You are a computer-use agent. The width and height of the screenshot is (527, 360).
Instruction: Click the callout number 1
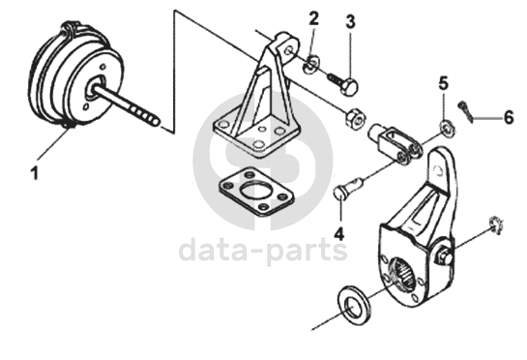point(34,173)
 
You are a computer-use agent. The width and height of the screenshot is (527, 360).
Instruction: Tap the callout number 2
point(313,18)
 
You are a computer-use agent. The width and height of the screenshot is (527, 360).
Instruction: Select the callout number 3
point(350,21)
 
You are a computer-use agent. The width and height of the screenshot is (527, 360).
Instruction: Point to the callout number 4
point(339,233)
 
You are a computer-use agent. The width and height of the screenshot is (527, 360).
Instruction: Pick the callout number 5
point(444,83)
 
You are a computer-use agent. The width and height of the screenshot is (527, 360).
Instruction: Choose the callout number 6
point(509,117)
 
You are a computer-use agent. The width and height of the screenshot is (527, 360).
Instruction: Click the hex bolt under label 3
point(343,82)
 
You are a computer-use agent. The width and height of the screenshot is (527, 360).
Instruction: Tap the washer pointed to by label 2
point(311,64)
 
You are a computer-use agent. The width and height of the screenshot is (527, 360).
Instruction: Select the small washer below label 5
point(447,129)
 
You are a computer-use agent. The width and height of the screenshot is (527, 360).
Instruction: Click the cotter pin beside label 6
point(465,110)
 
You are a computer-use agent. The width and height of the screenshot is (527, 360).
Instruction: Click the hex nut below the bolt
point(356,117)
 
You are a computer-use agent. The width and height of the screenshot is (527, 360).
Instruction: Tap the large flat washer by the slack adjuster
point(355,305)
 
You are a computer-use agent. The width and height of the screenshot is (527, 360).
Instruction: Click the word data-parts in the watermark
point(263,251)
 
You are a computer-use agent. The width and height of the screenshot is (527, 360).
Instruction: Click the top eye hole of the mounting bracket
point(288,51)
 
